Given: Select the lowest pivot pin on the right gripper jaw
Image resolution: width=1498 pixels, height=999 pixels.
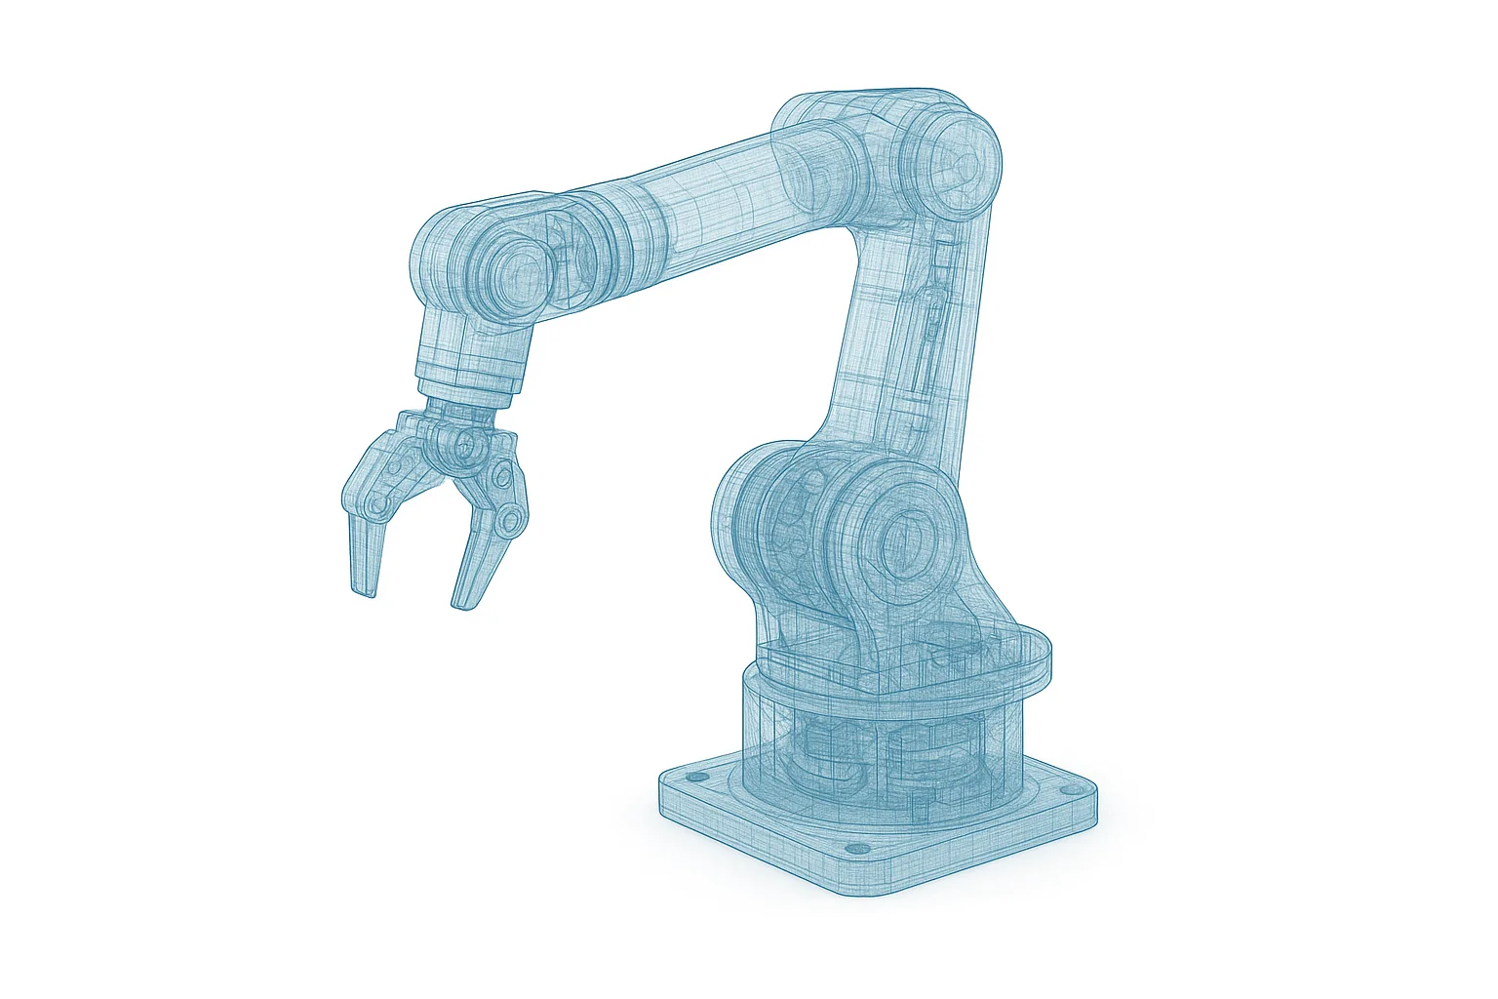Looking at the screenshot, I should [509, 522].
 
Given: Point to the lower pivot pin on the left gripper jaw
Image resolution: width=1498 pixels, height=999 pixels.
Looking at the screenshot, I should [375, 504].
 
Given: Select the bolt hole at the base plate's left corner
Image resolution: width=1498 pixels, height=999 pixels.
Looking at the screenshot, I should [696, 779].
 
